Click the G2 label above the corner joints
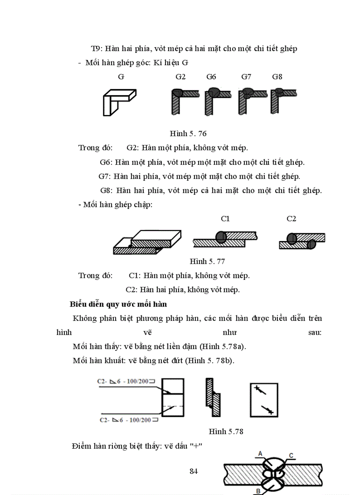click(180, 77)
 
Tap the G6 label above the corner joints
click(211, 77)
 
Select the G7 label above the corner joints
click(246, 77)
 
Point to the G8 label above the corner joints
click(277, 77)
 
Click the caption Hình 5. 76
click(188, 133)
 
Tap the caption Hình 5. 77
click(207, 261)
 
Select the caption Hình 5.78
click(226, 431)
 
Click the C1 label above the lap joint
click(225, 219)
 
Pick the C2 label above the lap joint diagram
click(291, 219)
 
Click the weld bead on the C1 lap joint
click(221, 238)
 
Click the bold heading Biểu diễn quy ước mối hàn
click(118, 304)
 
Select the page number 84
click(193, 471)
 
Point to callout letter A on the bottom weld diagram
click(261, 454)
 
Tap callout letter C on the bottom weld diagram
click(292, 455)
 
